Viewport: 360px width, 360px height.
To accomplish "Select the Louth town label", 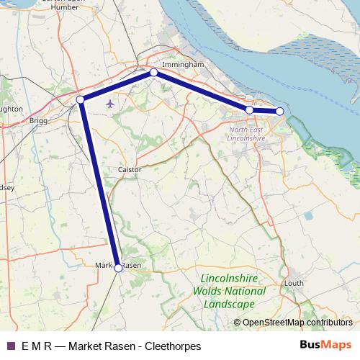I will pos(295,283).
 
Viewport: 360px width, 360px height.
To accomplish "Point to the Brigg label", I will pos(38,121).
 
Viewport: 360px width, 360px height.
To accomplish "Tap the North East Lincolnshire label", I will pos(247,133).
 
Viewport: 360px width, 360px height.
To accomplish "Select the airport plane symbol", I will pos(110,104).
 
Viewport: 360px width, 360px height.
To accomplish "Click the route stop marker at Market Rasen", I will pos(119,267).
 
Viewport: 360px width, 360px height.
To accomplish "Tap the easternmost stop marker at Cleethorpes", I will pos(280,111).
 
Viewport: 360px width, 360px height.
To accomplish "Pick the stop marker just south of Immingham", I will pos(153,73).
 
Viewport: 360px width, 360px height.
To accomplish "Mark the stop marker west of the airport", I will pos(81,99).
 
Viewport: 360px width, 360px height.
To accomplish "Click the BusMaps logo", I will pos(326,346).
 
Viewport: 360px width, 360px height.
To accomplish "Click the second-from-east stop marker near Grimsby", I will pos(249,109).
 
